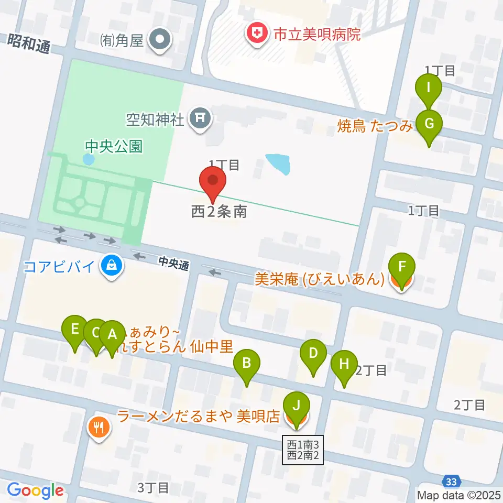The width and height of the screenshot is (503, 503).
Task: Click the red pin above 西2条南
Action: click(x=213, y=181)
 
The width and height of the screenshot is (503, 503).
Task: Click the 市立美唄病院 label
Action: click(x=318, y=35)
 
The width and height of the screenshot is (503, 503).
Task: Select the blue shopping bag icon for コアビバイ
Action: click(x=112, y=267)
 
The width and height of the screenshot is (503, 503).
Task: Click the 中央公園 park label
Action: click(x=114, y=146)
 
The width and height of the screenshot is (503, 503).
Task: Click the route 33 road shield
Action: click(x=451, y=480)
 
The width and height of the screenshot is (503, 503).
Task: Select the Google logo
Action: click(x=35, y=490)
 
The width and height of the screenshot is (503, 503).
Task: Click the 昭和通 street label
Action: click(x=29, y=44)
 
